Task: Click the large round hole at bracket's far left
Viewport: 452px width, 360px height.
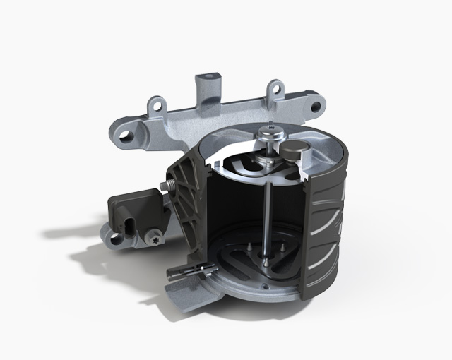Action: pos(127,133)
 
